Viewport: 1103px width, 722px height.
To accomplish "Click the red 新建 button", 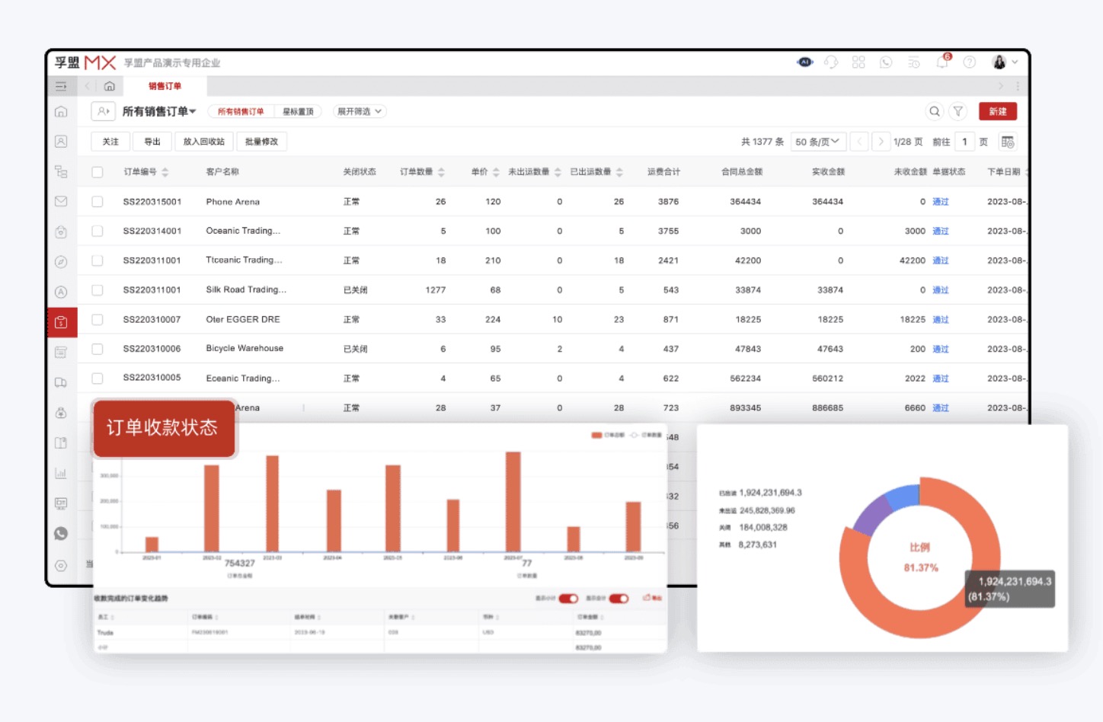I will (x=997, y=111).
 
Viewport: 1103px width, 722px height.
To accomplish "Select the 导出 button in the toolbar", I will (x=152, y=142).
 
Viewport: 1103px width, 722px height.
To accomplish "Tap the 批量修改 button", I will (x=261, y=142).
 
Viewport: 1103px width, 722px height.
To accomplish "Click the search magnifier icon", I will (x=935, y=111).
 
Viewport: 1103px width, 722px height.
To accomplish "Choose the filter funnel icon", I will (x=958, y=111).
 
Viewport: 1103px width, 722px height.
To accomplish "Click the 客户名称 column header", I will (x=222, y=172).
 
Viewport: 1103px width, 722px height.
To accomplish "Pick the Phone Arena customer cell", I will (x=232, y=202).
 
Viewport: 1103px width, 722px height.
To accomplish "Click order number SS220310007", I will (x=152, y=320).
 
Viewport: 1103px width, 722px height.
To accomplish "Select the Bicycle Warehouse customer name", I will (x=245, y=349).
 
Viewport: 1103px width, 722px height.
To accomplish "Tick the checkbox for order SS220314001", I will (x=98, y=231).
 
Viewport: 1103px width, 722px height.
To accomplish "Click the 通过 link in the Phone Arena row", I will (x=941, y=202).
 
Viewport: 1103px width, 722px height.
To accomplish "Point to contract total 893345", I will (x=745, y=408).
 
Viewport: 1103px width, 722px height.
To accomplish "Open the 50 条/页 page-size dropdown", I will (x=817, y=142).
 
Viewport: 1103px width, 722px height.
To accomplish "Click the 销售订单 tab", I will (x=165, y=86).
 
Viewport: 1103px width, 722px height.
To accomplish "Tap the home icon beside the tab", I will (x=110, y=86).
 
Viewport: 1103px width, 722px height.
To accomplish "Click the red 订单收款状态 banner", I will (x=163, y=428).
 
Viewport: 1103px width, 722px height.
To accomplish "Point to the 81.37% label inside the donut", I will (x=920, y=568).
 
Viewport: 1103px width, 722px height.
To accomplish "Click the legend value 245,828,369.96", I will (x=766, y=510).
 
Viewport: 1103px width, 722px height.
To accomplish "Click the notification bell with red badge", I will (x=942, y=62).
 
